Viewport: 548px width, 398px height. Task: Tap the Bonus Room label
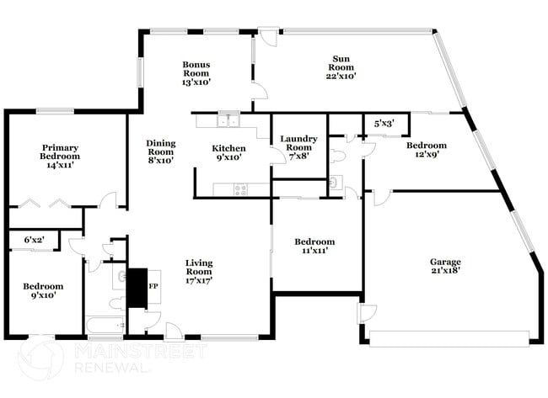point(196,73)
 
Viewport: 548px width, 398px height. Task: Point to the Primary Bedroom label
point(60,157)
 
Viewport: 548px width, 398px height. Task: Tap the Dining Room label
point(160,151)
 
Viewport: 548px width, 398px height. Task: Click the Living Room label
point(199,272)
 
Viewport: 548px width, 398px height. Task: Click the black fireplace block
point(136,286)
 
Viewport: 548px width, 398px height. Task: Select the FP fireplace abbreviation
point(154,286)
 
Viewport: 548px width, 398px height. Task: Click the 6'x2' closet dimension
point(35,240)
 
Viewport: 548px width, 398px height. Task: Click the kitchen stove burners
point(240,189)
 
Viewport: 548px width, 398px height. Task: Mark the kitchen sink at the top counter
point(227,120)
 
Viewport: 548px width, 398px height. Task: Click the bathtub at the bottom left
point(105,325)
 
